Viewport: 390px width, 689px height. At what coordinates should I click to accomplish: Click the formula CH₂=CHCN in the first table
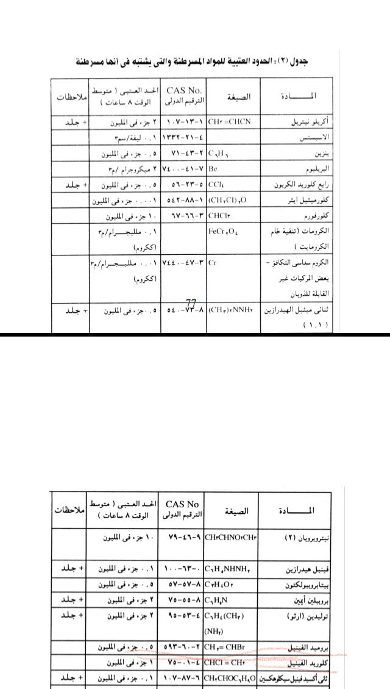(x=230, y=122)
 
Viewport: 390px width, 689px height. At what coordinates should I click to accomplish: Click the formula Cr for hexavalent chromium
(x=212, y=263)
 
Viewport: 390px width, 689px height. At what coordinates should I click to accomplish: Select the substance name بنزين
(x=321, y=154)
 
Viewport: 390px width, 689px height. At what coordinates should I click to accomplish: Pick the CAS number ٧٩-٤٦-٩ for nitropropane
(x=183, y=538)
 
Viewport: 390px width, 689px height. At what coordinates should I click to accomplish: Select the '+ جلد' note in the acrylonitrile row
(x=77, y=122)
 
